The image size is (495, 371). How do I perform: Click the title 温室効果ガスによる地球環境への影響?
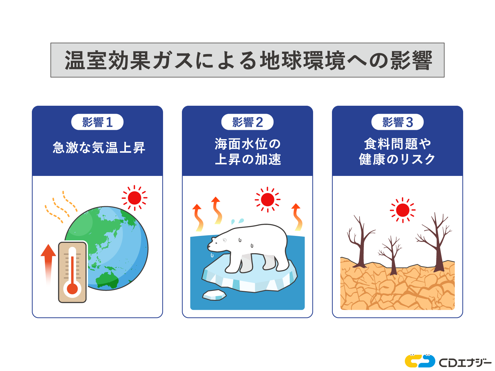tap(247, 60)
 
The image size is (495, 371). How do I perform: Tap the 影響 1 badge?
tap(97, 122)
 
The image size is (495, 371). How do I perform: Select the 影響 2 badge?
tap(247, 122)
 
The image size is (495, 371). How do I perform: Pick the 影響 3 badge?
tap(397, 122)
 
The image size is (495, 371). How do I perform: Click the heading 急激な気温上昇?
tap(99, 147)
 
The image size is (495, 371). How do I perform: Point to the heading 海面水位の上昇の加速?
tap(247, 152)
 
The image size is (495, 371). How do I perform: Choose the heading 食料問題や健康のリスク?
tap(397, 152)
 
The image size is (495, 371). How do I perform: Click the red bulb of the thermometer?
tap(72, 288)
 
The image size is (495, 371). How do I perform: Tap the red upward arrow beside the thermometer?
tap(48, 263)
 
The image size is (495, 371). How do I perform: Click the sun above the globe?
tap(134, 198)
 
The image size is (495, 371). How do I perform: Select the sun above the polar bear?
tap(267, 200)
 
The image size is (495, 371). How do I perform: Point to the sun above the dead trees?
tap(402, 210)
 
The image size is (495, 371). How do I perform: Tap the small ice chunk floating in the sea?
tap(214, 295)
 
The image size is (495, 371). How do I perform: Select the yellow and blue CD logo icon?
tap(420, 361)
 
